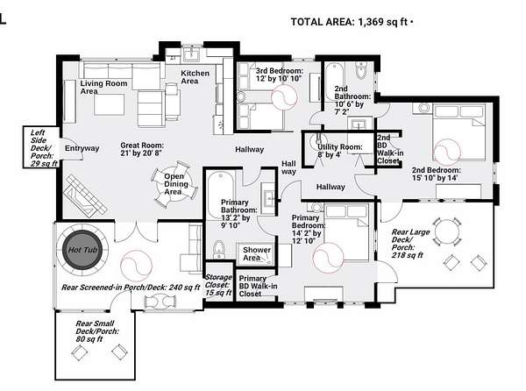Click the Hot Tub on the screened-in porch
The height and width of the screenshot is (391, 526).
(x=82, y=250)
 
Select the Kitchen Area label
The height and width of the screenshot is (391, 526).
(x=195, y=77)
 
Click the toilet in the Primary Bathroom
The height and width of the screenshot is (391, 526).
(x=218, y=249)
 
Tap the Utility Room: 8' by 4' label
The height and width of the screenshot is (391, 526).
(x=340, y=151)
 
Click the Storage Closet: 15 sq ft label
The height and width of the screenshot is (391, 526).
(x=218, y=285)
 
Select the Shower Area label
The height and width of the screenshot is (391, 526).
(x=257, y=254)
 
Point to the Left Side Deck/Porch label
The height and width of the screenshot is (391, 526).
(x=42, y=148)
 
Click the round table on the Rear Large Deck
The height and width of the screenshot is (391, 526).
(x=447, y=231)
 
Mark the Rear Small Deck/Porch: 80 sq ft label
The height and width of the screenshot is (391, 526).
(x=96, y=331)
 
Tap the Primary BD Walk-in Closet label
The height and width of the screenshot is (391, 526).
(x=258, y=286)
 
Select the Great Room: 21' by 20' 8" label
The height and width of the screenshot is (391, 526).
(x=142, y=149)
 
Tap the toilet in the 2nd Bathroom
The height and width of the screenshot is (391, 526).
(x=360, y=70)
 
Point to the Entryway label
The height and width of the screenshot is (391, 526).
(x=82, y=148)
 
